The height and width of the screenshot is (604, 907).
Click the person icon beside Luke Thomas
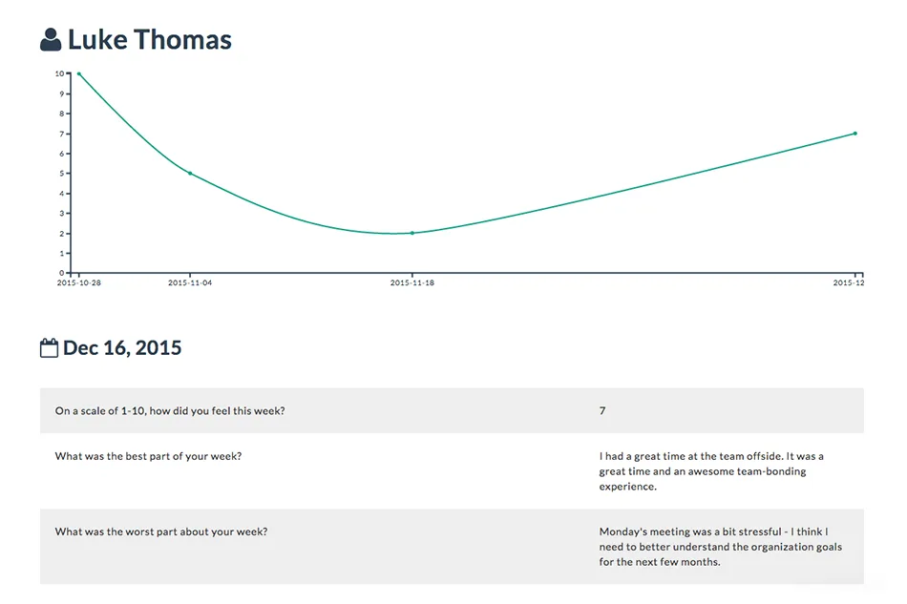point(51,40)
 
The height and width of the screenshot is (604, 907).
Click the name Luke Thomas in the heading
point(150,40)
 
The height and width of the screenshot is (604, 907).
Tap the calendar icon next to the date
point(49,348)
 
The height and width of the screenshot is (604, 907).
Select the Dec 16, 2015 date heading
point(122,348)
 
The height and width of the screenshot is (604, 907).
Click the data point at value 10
point(79,74)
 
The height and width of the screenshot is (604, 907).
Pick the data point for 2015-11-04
point(190,174)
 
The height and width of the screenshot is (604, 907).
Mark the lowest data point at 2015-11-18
point(412,233)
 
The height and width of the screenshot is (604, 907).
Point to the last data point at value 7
point(855,134)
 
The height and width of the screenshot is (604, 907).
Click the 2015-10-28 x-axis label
point(78,282)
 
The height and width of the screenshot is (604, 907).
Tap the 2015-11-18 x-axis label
point(412,282)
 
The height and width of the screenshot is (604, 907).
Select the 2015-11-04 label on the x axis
point(190,282)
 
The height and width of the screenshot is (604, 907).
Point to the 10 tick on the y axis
point(59,73)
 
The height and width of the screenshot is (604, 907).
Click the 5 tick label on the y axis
point(62,174)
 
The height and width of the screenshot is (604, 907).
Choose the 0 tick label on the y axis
point(62,273)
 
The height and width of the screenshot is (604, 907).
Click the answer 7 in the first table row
point(602,410)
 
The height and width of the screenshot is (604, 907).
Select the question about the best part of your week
point(148,456)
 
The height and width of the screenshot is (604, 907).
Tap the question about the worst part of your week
point(161,531)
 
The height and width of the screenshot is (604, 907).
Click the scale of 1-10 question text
point(170,411)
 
